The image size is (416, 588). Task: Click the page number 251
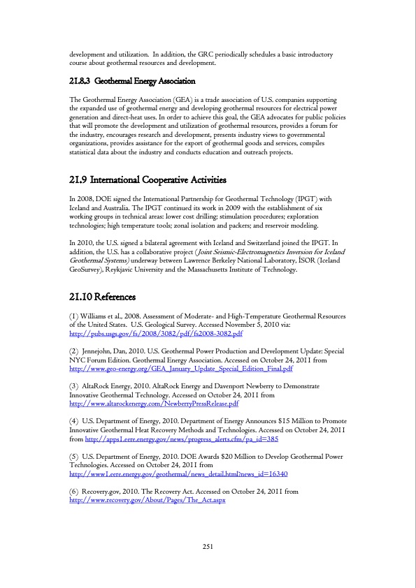pos(208,546)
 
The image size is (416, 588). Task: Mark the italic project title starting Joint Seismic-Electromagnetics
pos(275,251)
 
